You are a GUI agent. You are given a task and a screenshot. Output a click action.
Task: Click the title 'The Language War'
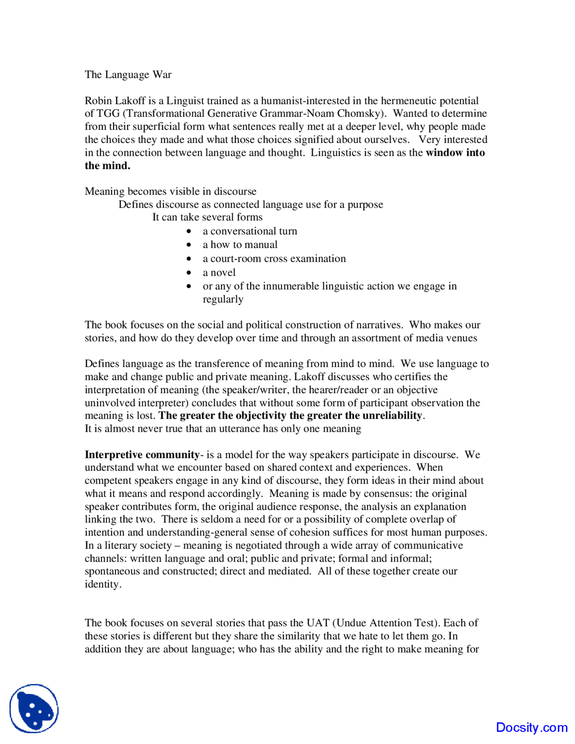click(x=128, y=75)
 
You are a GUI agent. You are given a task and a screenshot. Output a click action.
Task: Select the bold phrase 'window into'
click(x=455, y=153)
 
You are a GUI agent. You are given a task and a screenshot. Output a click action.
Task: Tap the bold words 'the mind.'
click(x=107, y=166)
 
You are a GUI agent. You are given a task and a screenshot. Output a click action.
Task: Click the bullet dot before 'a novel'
click(x=189, y=273)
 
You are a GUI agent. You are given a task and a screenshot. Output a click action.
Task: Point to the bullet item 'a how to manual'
click(x=240, y=245)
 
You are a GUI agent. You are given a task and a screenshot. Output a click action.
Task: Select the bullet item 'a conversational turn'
click(x=250, y=231)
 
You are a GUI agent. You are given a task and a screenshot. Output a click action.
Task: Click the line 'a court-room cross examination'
click(x=274, y=259)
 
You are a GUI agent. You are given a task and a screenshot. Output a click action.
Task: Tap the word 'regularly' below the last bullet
click(x=223, y=299)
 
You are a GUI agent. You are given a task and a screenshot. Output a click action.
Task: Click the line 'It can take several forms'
click(x=207, y=217)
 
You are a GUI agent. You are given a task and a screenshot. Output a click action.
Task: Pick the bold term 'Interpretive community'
click(x=142, y=455)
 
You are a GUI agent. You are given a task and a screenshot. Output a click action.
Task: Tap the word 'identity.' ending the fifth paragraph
click(x=103, y=585)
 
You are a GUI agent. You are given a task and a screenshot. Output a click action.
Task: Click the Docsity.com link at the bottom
click(x=531, y=727)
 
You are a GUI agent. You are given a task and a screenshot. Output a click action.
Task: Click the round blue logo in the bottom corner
click(x=34, y=709)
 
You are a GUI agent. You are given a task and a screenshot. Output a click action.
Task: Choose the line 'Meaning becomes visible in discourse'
click(x=170, y=191)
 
